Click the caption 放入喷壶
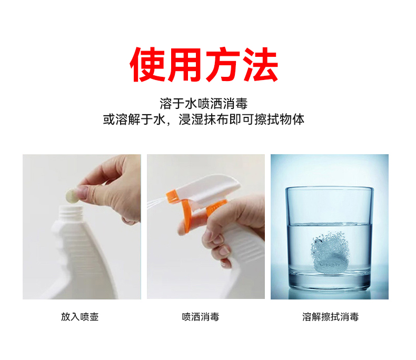tap(80, 317)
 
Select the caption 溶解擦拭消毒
tap(331, 317)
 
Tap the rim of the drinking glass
tap(329, 188)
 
